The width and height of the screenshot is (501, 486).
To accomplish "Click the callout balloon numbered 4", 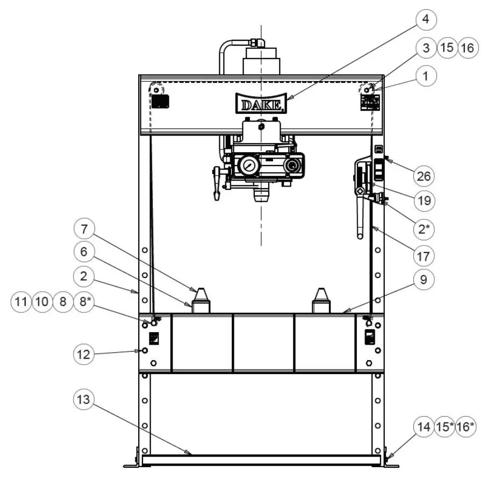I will point(425,20).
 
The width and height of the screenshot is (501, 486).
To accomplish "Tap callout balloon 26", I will point(424,176).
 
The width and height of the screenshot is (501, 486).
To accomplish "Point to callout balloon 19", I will point(424,201).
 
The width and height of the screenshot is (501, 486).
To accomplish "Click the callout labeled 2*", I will point(424,228).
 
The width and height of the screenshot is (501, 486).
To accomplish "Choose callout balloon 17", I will point(424,256).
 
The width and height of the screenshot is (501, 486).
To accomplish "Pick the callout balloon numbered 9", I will point(424,281).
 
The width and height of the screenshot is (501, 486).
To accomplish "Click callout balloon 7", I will point(84,230).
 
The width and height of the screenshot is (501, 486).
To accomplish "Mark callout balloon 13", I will point(84,399).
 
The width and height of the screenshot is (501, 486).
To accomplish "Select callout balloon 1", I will point(426,76).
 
